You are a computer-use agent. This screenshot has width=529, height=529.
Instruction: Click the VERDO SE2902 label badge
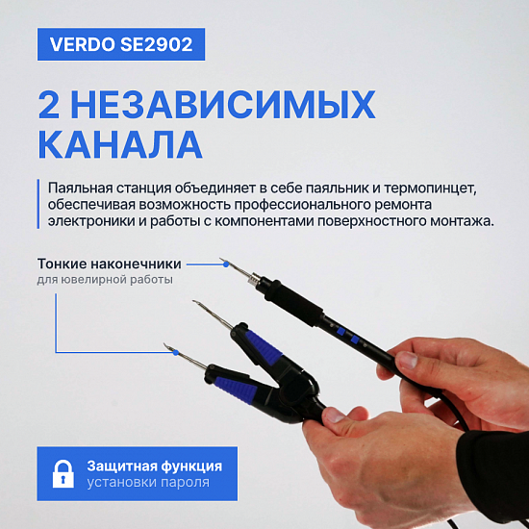pos(121,44)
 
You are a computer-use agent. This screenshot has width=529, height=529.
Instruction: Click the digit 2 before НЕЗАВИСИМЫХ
pos(49,105)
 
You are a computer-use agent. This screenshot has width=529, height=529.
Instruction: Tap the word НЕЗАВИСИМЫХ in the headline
pos(223,105)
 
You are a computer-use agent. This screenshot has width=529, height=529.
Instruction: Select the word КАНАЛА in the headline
pos(120,144)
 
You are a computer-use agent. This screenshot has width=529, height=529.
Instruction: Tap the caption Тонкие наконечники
pos(110,264)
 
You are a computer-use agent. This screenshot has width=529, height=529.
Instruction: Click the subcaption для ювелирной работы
pos(105,280)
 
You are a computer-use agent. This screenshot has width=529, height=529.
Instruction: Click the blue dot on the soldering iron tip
pos(226,264)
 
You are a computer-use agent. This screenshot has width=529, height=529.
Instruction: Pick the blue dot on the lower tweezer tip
pos(175,353)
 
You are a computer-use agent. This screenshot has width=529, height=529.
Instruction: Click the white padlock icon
pos(63,473)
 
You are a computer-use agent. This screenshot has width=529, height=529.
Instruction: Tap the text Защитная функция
pos(155,466)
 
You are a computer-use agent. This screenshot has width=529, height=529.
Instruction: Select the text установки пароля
pos(148,483)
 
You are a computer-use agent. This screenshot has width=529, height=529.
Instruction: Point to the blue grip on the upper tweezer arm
pos(264,347)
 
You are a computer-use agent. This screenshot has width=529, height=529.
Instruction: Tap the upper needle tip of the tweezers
pos(193,301)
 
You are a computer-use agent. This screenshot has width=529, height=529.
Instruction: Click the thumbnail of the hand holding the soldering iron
pos(407,361)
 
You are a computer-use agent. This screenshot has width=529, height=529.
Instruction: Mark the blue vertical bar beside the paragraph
pos(38,204)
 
